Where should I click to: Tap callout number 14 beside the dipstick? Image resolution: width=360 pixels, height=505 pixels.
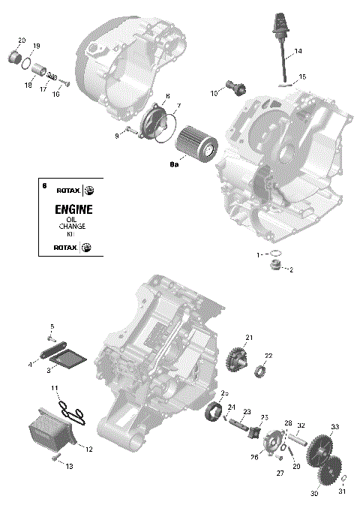pyautogui.click(x=298, y=51)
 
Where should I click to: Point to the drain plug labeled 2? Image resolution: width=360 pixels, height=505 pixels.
pyautogui.click(x=277, y=268)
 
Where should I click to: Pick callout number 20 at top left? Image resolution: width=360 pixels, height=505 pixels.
pyautogui.click(x=21, y=40)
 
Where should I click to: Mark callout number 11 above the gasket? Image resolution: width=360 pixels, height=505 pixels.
pyautogui.click(x=55, y=387)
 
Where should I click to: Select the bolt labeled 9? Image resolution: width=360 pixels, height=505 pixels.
pyautogui.click(x=127, y=131)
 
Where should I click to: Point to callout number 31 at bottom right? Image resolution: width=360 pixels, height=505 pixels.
pyautogui.click(x=343, y=492)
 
